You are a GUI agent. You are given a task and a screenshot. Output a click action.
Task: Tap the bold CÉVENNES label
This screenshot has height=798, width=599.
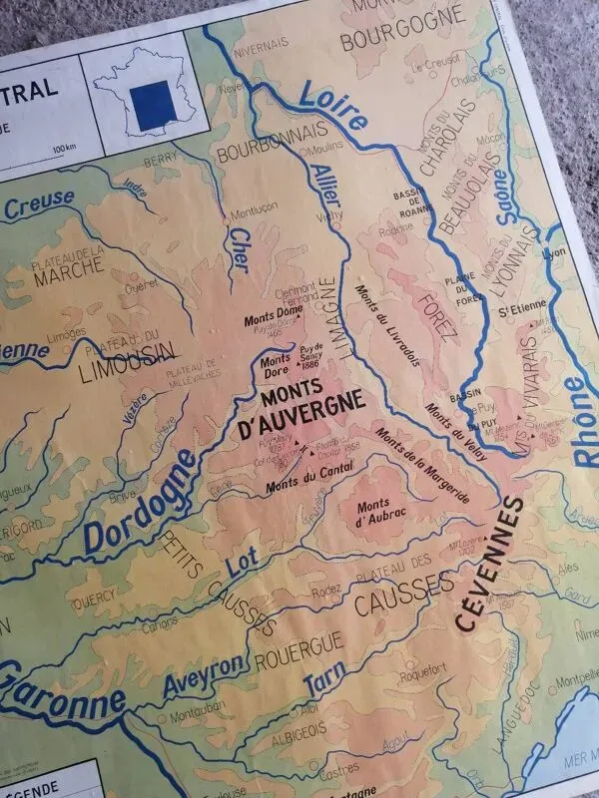coord(490,564)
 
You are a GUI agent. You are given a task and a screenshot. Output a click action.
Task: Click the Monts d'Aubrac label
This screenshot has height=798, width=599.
coord(368,513)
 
